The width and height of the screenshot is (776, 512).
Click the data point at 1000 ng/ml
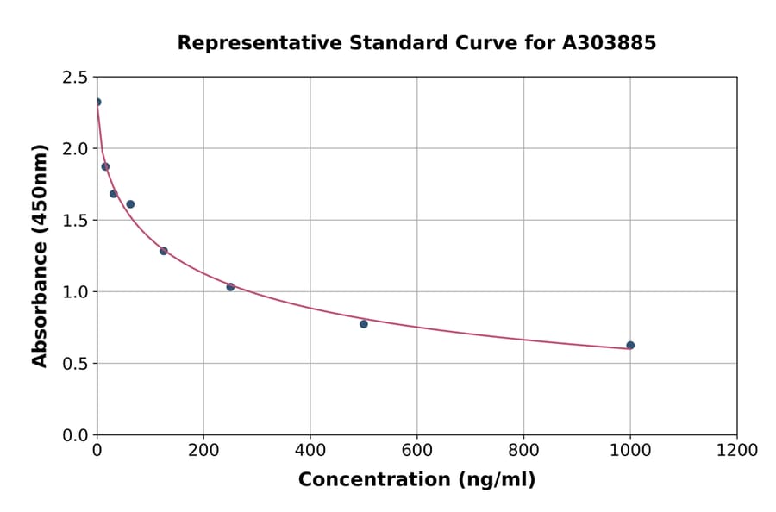coord(630,346)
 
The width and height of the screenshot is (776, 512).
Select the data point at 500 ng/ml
coord(364,324)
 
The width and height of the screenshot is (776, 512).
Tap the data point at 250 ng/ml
coord(230,287)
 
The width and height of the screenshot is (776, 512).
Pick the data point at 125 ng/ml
coord(164,251)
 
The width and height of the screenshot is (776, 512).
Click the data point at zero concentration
coord(97,103)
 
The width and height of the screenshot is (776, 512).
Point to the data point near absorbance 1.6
coord(130,204)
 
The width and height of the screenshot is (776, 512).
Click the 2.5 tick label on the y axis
coord(74,78)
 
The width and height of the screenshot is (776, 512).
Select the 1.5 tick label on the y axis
coord(74,221)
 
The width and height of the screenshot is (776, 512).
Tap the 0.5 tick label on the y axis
coord(74,364)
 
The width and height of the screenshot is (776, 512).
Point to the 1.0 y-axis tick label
coord(74,292)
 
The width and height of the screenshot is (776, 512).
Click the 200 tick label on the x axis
coord(203,451)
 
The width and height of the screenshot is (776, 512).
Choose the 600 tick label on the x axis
coord(416,451)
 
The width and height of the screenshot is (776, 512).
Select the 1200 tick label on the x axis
coord(736,451)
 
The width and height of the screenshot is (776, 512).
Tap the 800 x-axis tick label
coord(523,451)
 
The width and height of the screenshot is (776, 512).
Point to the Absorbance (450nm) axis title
coord(40,256)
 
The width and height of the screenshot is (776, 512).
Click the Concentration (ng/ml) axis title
coord(416,480)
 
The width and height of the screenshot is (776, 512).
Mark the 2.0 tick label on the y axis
coord(74,149)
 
